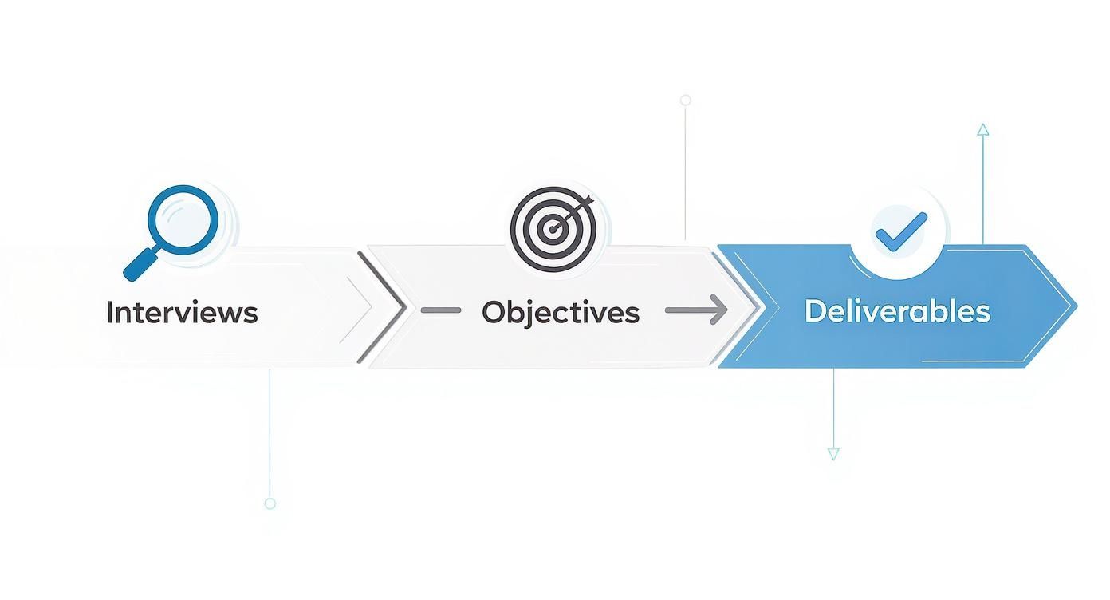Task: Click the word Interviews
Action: point(182,312)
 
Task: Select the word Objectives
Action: point(560,312)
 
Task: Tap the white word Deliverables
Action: point(897,310)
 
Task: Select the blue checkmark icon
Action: point(900,231)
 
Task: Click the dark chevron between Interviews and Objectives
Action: point(386,307)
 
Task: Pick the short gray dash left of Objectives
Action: point(441,310)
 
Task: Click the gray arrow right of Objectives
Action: point(696,310)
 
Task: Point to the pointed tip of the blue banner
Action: point(1074,305)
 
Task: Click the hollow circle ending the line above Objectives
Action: point(685,101)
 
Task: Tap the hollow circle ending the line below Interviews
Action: point(270,503)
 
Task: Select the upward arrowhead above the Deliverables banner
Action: point(982,129)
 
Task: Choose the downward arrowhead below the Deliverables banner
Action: point(833,454)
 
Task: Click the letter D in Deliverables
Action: point(815,310)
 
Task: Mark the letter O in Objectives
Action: point(495,312)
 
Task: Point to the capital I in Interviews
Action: point(110,312)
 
